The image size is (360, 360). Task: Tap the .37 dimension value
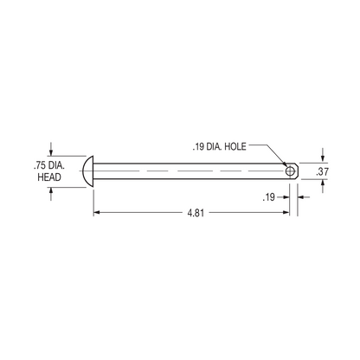323,172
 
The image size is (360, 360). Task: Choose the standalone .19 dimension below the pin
269,197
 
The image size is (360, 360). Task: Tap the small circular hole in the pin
289,170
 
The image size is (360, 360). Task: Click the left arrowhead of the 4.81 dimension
98,212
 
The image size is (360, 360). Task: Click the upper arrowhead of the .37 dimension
323,158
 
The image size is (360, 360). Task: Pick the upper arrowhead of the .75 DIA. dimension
52,151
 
